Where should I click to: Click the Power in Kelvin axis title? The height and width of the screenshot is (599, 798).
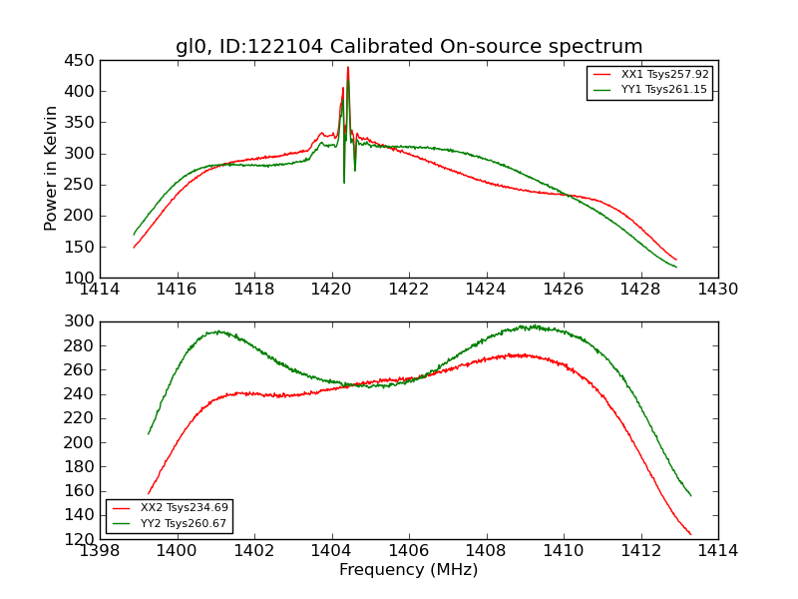click(52, 169)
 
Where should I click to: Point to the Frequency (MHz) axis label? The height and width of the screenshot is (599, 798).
click(409, 570)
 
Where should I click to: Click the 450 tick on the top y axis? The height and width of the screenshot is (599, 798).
click(80, 61)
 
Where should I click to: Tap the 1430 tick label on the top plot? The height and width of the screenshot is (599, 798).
click(717, 290)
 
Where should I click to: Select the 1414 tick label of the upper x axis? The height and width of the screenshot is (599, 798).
click(101, 290)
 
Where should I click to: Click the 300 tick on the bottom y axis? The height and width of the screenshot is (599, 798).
click(80, 321)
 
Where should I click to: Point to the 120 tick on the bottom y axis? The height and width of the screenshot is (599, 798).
click(80, 539)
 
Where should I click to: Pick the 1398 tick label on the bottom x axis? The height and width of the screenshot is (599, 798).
click(101, 551)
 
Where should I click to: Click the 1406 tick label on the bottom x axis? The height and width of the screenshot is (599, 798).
click(409, 551)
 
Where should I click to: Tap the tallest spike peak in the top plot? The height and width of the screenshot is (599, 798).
click(348, 68)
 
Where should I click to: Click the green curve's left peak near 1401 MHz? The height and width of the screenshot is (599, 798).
click(216, 331)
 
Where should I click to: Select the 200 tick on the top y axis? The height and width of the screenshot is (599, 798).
click(80, 216)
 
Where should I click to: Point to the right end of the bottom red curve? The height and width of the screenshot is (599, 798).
click(690, 534)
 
